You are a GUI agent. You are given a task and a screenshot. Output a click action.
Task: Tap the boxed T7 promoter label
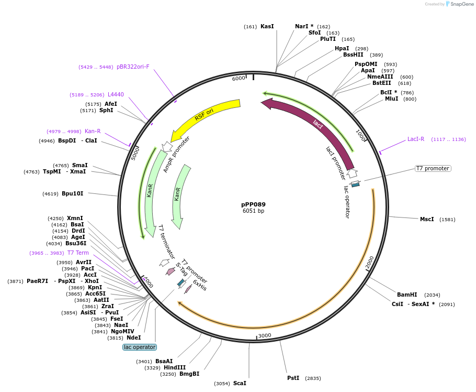click(x=433, y=168)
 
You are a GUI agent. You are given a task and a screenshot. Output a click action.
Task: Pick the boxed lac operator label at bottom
click(x=140, y=347)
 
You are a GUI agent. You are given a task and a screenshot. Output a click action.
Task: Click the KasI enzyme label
click(x=267, y=26)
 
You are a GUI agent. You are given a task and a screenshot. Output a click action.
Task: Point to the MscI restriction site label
click(x=427, y=219)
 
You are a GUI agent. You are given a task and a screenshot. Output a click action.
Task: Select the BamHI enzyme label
click(x=407, y=295)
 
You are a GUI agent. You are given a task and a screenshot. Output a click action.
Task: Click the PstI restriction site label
click(x=293, y=378)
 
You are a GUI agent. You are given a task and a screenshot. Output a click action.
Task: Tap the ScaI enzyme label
click(x=240, y=383)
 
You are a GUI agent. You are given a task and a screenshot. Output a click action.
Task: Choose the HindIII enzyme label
click(x=175, y=367)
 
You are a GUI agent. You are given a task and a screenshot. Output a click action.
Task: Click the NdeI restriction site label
click(x=133, y=337)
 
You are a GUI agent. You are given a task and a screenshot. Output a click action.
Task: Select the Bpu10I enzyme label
click(x=72, y=194)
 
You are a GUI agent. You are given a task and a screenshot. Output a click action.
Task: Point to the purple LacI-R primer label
click(x=416, y=139)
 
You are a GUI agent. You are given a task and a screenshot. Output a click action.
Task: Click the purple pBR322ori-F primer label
click(x=133, y=67)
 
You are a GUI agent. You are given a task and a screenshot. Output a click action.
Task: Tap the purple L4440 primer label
click(x=116, y=94)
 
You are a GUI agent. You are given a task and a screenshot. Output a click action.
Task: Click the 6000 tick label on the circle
click(x=239, y=78)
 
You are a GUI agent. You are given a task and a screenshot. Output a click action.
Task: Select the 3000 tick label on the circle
click(x=265, y=335)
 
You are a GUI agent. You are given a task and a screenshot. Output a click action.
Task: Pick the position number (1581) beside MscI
click(x=447, y=219)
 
